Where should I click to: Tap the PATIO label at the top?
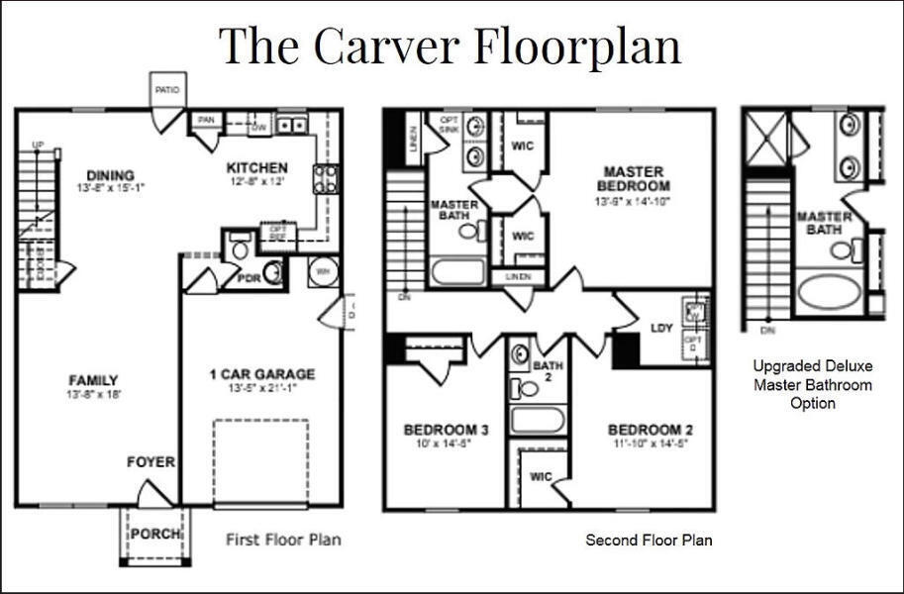[167, 90]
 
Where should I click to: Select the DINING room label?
[110, 175]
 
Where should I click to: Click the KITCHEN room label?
[256, 167]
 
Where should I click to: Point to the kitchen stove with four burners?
[326, 178]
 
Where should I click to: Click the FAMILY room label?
[93, 380]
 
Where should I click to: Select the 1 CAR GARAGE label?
[261, 374]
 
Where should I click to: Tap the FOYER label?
[151, 462]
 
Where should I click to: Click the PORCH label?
[155, 534]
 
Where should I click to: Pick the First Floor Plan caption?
[283, 540]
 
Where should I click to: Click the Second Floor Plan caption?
[649, 540]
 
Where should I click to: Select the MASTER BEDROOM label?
[634, 178]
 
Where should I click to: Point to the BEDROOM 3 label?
[447, 430]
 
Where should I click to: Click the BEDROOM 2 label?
[650, 430]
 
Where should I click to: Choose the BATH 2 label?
[548, 372]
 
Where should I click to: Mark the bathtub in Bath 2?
[538, 420]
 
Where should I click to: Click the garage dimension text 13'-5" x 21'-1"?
[261, 388]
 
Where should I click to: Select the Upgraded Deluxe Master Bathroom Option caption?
[812, 384]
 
